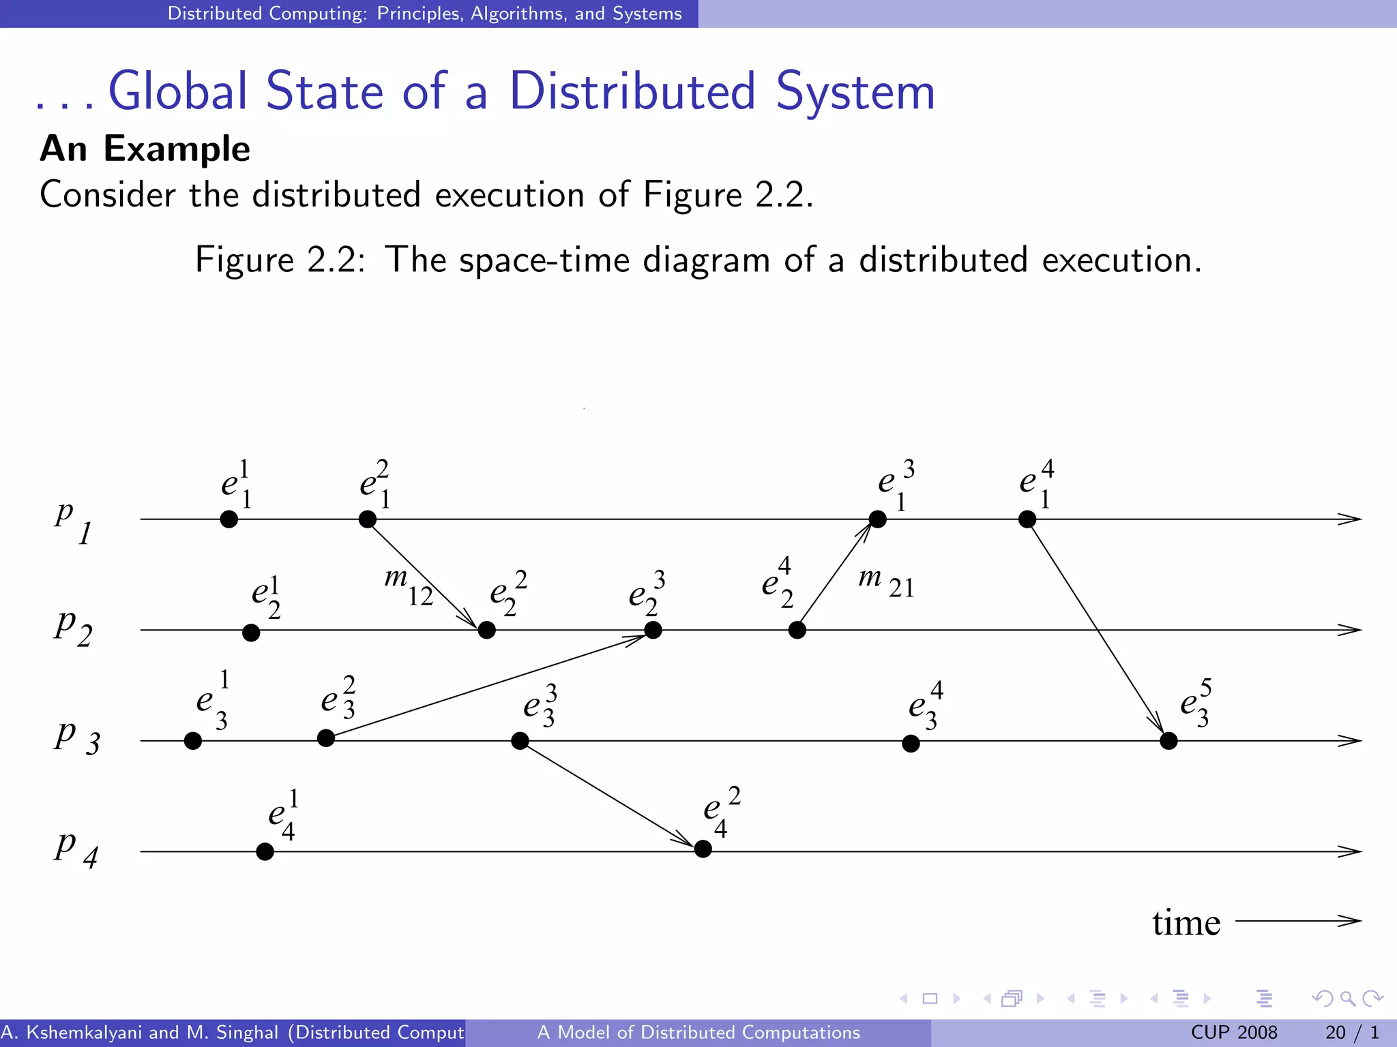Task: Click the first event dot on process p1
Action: (x=229, y=519)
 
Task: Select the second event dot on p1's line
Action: (x=368, y=519)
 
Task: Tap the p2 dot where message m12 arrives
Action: (x=486, y=630)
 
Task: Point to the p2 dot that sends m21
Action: (x=797, y=630)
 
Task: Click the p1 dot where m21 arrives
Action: (x=878, y=519)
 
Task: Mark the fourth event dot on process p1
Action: (x=1027, y=519)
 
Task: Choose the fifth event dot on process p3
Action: (x=1168, y=741)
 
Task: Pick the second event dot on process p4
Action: (x=703, y=849)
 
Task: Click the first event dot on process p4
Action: (x=265, y=851)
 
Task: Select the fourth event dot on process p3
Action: (x=911, y=744)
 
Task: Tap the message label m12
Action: (x=409, y=586)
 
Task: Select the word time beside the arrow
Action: (x=1186, y=922)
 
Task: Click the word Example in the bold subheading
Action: (x=177, y=149)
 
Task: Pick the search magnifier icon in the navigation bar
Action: (x=1347, y=999)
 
